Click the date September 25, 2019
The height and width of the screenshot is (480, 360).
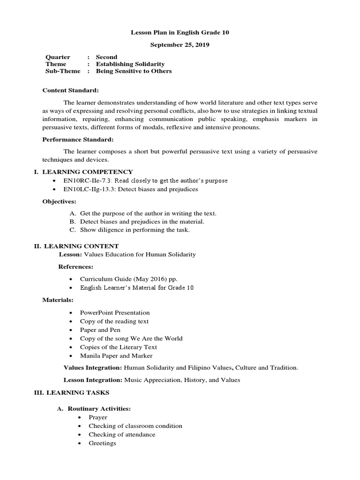pyautogui.click(x=180, y=45)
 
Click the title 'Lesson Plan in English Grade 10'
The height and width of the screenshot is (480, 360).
pyautogui.click(x=180, y=33)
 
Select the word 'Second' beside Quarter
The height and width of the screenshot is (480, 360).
pyautogui.click(x=106, y=57)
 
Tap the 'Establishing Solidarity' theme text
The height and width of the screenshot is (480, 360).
pyautogui.click(x=130, y=64)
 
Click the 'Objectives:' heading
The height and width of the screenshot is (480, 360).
pyautogui.click(x=59, y=201)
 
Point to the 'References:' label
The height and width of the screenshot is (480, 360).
pyautogui.click(x=75, y=266)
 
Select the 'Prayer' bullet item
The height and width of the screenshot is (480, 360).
pyautogui.click(x=98, y=417)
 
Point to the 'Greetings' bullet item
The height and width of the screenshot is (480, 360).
pyautogui.click(x=102, y=443)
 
